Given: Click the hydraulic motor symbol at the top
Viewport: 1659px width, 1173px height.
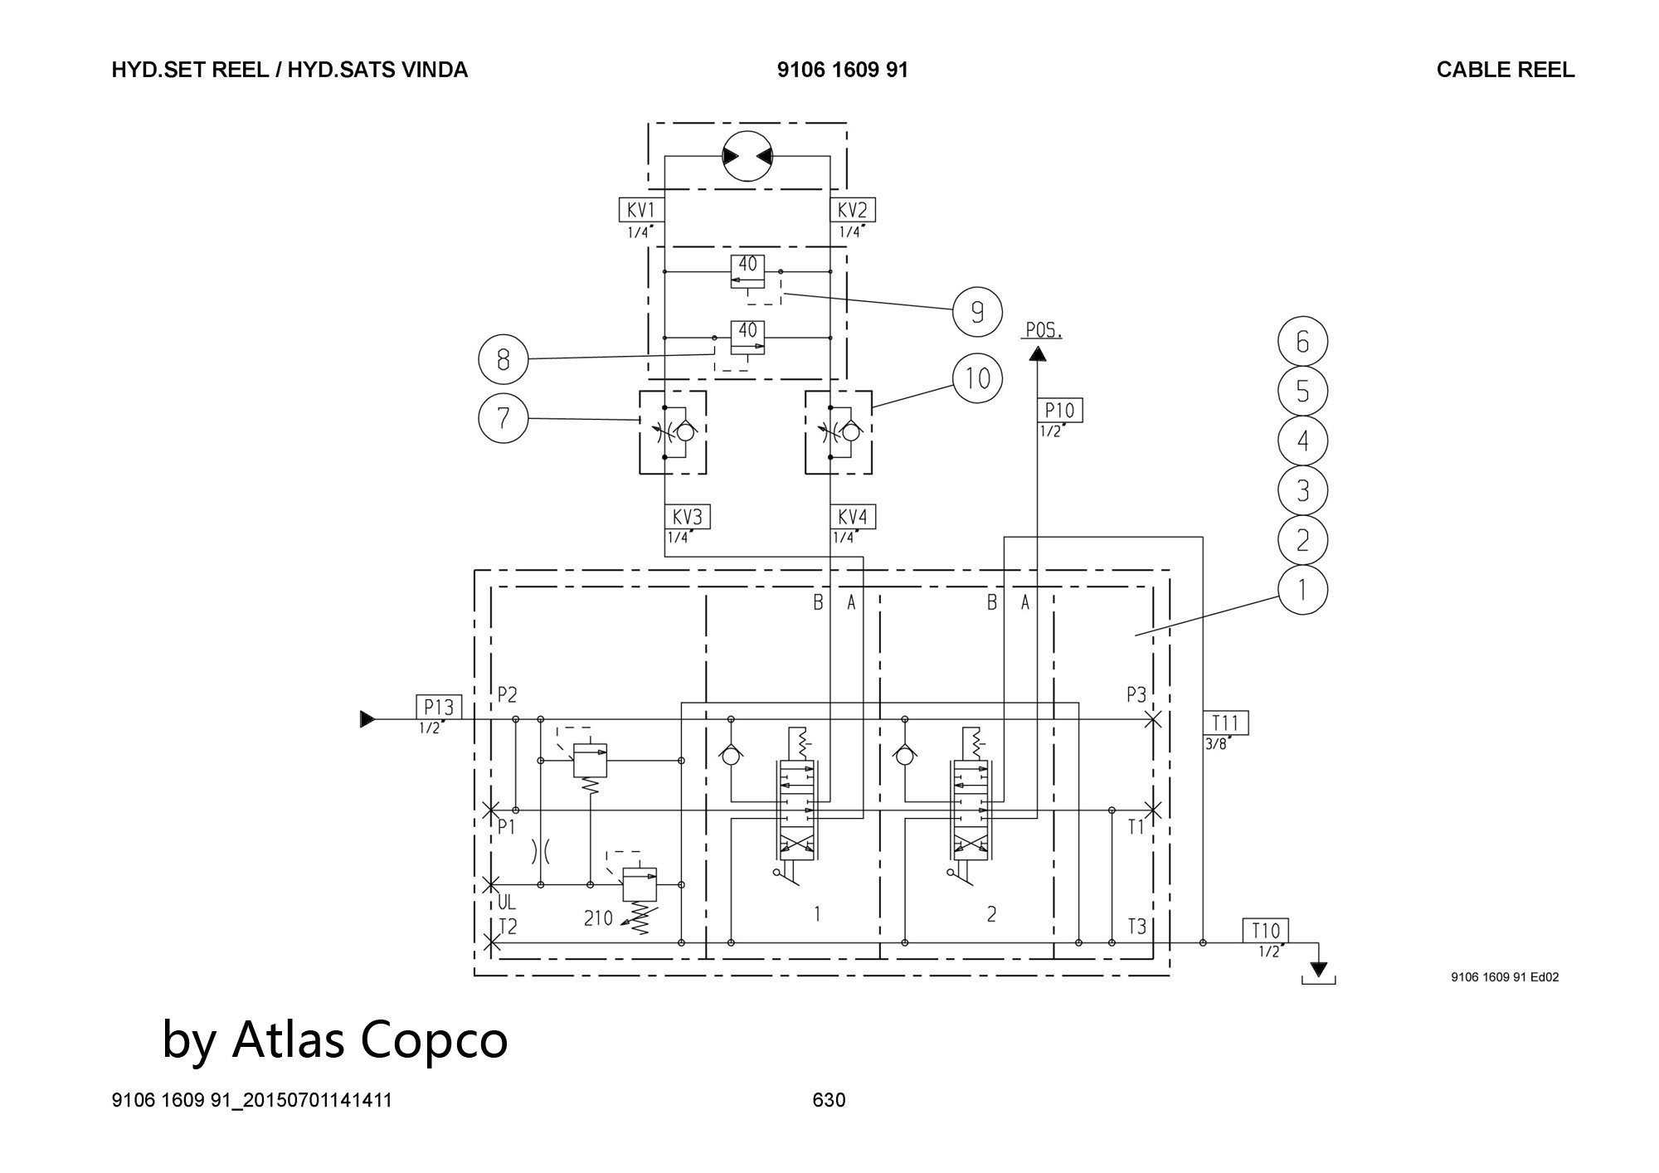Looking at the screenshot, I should (747, 156).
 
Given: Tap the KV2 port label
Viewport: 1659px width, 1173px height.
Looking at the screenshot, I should (852, 210).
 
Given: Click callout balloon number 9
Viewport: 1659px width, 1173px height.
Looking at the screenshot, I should (977, 312).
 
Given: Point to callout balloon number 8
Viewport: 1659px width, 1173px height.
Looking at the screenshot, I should (504, 359).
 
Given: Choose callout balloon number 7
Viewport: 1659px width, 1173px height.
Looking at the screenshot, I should (504, 417).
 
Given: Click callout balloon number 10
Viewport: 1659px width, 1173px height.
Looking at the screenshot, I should (978, 378).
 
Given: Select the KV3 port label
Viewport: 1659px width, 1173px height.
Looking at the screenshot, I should (688, 517).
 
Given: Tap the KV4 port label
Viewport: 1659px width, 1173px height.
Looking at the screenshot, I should (853, 517).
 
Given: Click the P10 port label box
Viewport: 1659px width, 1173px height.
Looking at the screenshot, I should (1059, 410).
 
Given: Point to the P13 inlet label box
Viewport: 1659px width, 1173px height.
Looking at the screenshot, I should (439, 708).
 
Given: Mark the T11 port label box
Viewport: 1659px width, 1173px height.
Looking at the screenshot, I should (1225, 723).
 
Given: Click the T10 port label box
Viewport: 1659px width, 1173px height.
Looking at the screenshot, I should (1265, 931).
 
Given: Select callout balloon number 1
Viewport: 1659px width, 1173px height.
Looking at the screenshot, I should (1302, 590).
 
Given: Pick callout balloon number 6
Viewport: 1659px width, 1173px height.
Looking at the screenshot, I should (1302, 342).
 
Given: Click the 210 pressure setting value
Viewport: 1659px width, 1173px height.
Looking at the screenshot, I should (598, 918).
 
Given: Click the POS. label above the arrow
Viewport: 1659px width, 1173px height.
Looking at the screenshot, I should (1043, 330).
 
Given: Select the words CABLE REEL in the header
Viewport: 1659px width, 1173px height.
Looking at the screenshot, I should (1505, 70).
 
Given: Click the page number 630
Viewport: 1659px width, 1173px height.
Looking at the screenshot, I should (829, 1100).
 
